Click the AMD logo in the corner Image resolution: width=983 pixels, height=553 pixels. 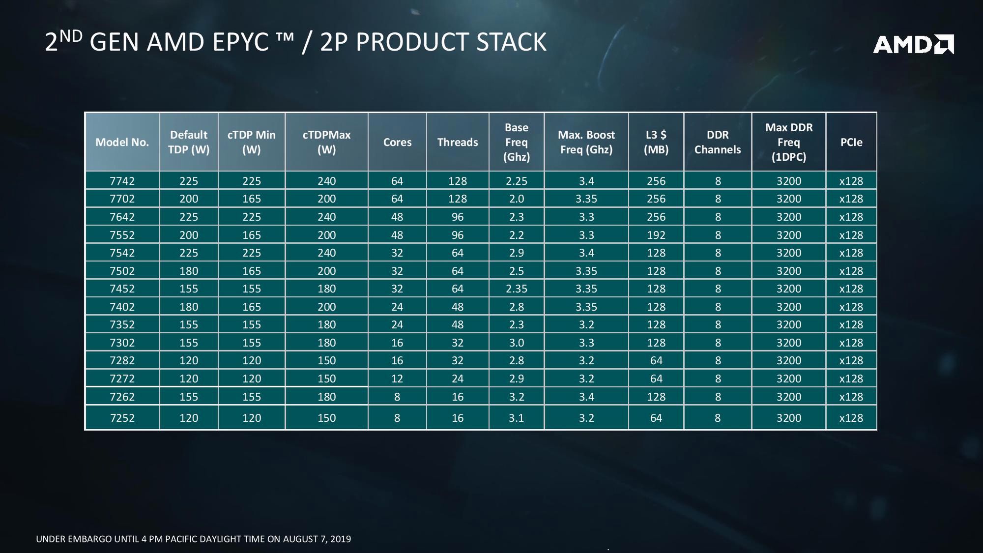pos(913,44)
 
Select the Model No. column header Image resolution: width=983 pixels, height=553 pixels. pos(122,142)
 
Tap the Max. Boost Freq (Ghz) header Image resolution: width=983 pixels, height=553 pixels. pos(586,142)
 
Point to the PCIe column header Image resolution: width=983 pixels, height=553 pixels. pos(851,142)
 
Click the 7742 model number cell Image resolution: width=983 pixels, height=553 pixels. pos(122,181)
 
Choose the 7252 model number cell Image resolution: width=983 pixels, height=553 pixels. pos(122,418)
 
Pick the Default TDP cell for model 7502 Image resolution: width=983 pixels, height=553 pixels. pos(189,271)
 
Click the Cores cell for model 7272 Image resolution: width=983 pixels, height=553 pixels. pos(397,378)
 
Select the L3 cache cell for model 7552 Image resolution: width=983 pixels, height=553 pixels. pos(656,235)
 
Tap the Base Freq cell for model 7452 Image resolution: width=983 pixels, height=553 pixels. pos(516,289)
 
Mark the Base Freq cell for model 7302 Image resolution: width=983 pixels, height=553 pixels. pos(516,343)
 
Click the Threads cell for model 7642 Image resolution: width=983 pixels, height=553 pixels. pos(457,217)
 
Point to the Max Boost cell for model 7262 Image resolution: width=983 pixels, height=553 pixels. pos(586,397)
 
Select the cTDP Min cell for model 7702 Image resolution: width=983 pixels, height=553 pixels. pos(251,199)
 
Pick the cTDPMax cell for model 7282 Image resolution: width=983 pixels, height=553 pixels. pos(326,360)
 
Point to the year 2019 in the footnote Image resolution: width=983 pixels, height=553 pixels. pos(340,539)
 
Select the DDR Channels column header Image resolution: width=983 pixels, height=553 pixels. pos(717,142)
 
